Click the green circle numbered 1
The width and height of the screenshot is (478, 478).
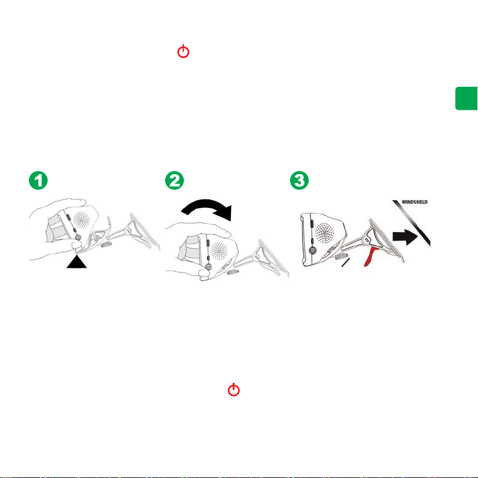pyautogui.click(x=39, y=180)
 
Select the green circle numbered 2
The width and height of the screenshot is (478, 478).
pyautogui.click(x=174, y=180)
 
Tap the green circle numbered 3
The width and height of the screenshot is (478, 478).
pyautogui.click(x=300, y=180)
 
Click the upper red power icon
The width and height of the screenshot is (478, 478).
pyautogui.click(x=183, y=51)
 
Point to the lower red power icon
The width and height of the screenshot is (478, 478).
pyautogui.click(x=234, y=389)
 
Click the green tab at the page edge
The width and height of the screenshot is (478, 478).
pyautogui.click(x=467, y=98)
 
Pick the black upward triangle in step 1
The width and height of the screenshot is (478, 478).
pyautogui.click(x=77, y=262)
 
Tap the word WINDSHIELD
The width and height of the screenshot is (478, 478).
pyautogui.click(x=415, y=202)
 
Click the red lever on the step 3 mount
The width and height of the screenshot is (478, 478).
pyautogui.click(x=371, y=256)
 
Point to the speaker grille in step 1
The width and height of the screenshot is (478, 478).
pyautogui.click(x=82, y=220)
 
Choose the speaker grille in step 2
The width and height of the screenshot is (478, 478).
pyautogui.click(x=219, y=251)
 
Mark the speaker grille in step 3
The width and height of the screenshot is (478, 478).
pyautogui.click(x=324, y=233)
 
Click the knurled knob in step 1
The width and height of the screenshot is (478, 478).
pyautogui.click(x=105, y=245)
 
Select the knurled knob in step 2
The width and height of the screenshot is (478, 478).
pyautogui.click(x=233, y=272)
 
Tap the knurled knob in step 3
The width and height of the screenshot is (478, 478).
pyautogui.click(x=341, y=257)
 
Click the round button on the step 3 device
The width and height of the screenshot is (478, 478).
pyautogui.click(x=312, y=250)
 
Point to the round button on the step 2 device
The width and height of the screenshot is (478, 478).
pyautogui.click(x=209, y=267)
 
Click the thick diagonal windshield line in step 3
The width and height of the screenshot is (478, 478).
pyautogui.click(x=412, y=222)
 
